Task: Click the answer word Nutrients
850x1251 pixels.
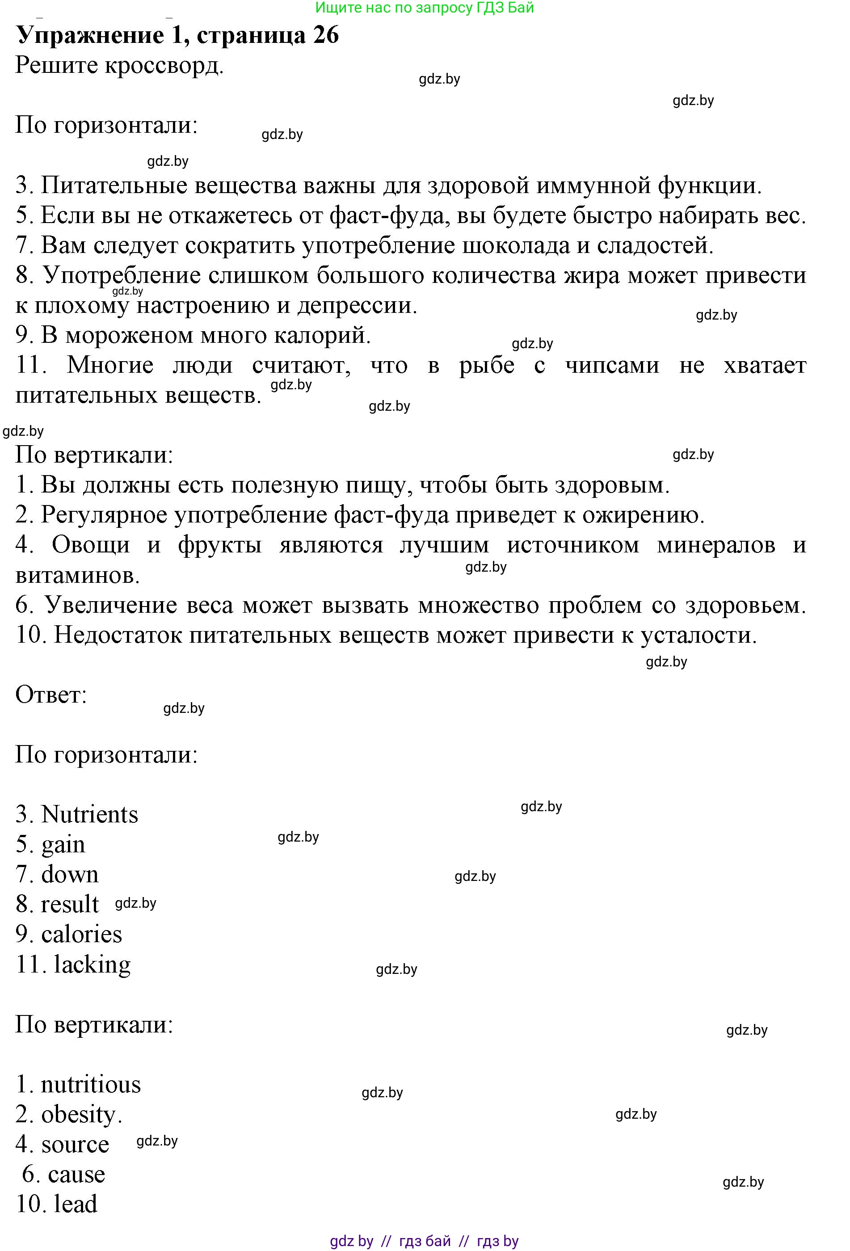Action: [89, 814]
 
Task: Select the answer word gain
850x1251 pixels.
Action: [63, 845]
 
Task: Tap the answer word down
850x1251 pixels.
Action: [70, 874]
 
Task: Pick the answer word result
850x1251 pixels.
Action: [70, 904]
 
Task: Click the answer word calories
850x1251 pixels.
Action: [81, 935]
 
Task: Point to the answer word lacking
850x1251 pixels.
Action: [92, 965]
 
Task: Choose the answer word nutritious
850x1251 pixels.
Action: [90, 1085]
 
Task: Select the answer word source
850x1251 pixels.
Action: [75, 1145]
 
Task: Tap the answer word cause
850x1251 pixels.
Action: [76, 1175]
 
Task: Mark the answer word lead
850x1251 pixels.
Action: [76, 1205]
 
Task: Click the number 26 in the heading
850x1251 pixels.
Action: [325, 35]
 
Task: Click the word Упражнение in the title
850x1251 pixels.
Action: [90, 35]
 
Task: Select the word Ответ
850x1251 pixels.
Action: [50, 695]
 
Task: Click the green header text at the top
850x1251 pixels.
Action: [424, 8]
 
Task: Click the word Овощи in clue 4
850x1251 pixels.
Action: [90, 545]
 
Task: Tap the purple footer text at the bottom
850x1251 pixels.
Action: [424, 1241]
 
